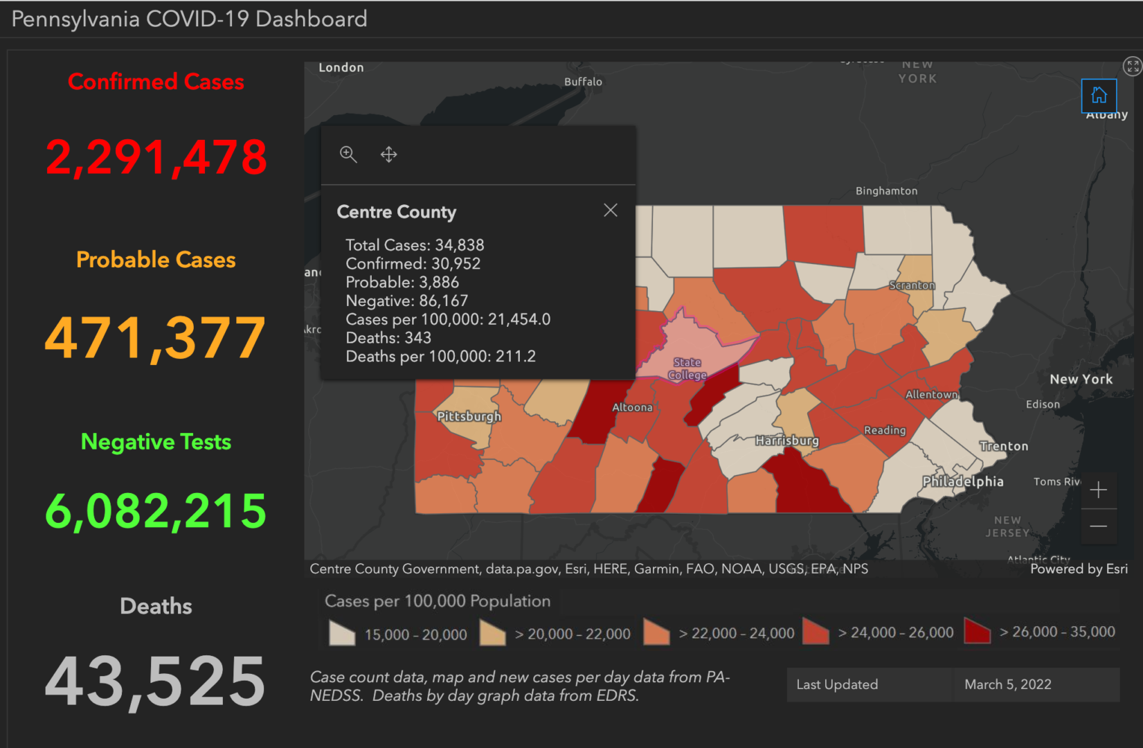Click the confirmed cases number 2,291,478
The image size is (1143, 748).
point(156,157)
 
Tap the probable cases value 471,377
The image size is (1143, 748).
point(156,338)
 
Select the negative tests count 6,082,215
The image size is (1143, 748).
point(156,511)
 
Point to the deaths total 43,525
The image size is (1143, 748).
point(156,682)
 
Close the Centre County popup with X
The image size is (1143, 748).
point(610,211)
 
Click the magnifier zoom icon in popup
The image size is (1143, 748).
point(348,154)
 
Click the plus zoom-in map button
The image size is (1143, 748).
point(1098,490)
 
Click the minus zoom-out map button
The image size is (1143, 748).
point(1098,526)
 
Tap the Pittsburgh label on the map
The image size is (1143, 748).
point(469,416)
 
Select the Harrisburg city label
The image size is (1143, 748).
point(786,440)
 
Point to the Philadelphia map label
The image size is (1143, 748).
point(962,481)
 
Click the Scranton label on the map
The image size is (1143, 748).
point(912,285)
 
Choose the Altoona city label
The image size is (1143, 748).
point(632,407)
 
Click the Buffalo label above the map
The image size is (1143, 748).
point(583,82)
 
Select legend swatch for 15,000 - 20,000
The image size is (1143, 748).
point(342,633)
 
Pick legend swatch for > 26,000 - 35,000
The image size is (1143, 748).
point(977,631)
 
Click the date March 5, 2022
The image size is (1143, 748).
point(1007,684)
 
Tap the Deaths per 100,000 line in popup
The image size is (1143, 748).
point(440,357)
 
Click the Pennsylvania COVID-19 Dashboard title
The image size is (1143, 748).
point(189,19)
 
